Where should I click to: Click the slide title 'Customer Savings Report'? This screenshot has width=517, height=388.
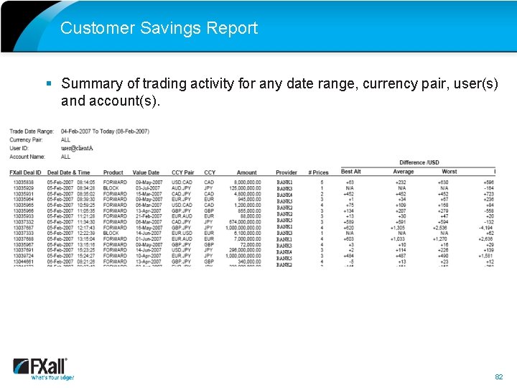pos(159,28)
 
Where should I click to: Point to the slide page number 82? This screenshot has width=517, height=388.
pos(498,376)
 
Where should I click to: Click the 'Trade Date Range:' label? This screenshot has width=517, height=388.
pos(32,131)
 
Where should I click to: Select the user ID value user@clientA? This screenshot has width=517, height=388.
pos(77,148)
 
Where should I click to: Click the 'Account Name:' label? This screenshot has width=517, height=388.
pos(28,157)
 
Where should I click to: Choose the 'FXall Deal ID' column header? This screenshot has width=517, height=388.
pos(26,172)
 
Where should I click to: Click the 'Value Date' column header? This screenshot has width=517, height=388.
pos(146,172)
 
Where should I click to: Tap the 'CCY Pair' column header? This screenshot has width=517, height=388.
pos(182,172)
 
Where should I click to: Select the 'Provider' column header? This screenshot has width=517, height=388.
pos(286,172)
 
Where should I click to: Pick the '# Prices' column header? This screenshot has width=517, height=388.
pos(318,172)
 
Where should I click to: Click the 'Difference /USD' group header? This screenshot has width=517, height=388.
pos(419,163)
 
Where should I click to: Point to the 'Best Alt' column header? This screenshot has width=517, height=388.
pos(350,172)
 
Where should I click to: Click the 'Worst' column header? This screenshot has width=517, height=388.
pos(450,172)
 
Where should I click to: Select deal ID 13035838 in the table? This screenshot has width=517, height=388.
pos(24,183)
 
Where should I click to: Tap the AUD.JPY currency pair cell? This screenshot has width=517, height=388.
pos(181,188)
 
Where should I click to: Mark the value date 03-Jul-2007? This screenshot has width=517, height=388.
pos(147,188)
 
